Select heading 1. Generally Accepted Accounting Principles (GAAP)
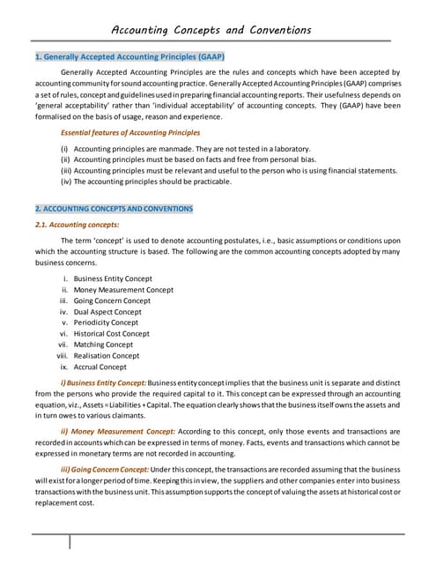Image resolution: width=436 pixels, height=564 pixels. pos(129,57)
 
